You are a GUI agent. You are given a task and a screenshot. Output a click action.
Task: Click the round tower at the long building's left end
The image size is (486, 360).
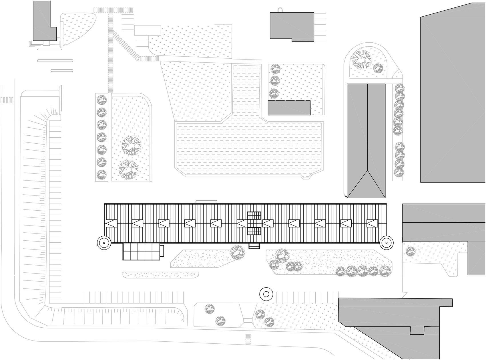[103, 243]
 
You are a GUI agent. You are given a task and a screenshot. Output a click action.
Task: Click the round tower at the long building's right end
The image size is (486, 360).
[386, 243]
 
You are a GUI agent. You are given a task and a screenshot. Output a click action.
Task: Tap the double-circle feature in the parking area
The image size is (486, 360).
[266, 294]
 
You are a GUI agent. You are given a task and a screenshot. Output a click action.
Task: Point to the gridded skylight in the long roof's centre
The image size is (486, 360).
[254, 223]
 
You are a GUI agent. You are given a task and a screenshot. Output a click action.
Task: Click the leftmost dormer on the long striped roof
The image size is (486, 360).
[111, 223]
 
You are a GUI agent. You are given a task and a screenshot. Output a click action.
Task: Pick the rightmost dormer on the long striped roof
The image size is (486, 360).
[372, 223]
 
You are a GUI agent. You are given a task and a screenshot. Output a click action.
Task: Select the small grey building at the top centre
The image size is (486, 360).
[292, 26]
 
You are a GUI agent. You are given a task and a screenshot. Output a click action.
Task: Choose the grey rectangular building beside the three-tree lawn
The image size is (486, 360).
[289, 108]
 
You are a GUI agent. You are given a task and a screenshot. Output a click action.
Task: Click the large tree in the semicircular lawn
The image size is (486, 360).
[361, 60]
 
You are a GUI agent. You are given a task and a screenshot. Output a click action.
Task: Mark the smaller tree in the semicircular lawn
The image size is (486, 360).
[378, 68]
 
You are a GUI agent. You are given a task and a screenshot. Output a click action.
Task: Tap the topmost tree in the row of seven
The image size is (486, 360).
[101, 100]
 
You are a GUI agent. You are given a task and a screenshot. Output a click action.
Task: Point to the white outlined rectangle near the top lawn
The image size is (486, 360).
[148, 30]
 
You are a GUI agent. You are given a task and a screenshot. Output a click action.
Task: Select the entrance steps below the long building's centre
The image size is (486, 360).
[254, 246]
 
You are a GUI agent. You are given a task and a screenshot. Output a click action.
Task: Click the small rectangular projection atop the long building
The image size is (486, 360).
[206, 202]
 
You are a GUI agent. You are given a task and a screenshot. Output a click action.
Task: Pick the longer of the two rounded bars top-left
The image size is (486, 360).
[55, 61]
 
